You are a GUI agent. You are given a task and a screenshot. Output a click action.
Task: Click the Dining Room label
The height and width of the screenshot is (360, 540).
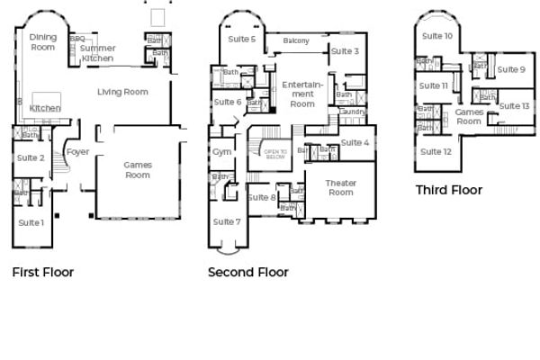pyautogui.click(x=43, y=41)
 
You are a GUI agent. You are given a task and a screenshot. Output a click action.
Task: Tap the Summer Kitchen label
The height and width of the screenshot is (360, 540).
pyautogui.click(x=97, y=53)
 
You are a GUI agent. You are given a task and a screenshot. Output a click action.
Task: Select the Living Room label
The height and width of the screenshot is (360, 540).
pyautogui.click(x=123, y=91)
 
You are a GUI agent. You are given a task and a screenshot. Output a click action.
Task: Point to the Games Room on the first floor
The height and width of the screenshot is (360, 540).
pyautogui.click(x=137, y=169)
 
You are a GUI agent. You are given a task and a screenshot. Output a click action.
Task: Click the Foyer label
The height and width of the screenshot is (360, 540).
pyautogui.click(x=78, y=152)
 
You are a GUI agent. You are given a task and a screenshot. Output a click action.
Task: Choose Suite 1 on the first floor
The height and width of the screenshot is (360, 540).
pyautogui.click(x=31, y=221)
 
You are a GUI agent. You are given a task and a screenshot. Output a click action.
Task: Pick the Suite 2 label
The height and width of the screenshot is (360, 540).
pyautogui.click(x=31, y=158)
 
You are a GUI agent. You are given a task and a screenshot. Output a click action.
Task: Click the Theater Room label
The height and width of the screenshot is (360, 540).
pyautogui.click(x=340, y=187)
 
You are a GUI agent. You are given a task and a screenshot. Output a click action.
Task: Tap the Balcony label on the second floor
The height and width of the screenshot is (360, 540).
pyautogui.click(x=296, y=41)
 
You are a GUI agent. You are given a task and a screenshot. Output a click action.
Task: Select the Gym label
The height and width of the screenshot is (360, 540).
pyautogui.click(x=221, y=152)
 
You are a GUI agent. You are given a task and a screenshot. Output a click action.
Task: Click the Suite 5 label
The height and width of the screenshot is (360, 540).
pyautogui.click(x=240, y=39)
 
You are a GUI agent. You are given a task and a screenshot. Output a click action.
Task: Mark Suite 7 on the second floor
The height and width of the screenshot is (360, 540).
pyautogui.click(x=227, y=221)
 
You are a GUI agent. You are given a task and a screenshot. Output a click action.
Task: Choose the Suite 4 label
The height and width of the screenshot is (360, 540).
pyautogui.click(x=355, y=143)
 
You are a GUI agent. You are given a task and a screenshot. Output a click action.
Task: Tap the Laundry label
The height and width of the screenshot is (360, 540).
pyautogui.click(x=351, y=112)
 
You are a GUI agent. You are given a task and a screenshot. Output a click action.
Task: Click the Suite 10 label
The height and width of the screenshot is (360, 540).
pyautogui.click(x=436, y=36)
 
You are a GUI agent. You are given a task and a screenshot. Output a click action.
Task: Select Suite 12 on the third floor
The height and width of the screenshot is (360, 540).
pyautogui.click(x=436, y=151)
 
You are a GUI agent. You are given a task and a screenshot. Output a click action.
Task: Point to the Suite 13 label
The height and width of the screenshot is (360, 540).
pyautogui.click(x=513, y=106)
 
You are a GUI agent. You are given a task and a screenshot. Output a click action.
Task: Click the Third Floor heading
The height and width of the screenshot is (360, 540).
pyautogui.click(x=448, y=190)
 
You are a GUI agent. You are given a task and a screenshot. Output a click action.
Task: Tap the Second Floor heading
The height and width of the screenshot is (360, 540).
pyautogui.click(x=247, y=272)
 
